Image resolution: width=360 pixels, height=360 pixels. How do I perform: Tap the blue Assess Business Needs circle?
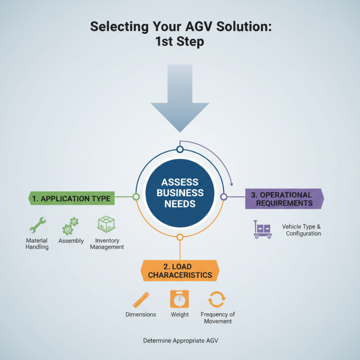pos(180,193)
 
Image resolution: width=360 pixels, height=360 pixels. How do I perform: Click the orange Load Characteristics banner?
pos(180,270)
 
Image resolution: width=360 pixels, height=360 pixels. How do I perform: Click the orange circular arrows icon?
pos(216,299)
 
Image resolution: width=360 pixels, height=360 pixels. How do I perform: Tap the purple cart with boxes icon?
pos(262,229)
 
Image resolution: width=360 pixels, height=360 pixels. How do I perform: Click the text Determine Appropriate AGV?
pos(180,341)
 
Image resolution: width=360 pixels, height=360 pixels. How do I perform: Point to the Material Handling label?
pos(37,244)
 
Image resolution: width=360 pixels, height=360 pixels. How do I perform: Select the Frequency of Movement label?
pos(218,318)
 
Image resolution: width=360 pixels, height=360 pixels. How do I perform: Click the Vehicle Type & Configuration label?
pos(301,230)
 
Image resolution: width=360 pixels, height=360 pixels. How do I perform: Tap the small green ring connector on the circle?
pos(135,197)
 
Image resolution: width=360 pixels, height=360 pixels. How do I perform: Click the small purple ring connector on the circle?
pos(224,197)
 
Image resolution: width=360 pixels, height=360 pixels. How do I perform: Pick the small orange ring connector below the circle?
pos(180,237)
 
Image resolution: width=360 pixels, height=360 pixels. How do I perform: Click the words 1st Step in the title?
pos(180,42)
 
